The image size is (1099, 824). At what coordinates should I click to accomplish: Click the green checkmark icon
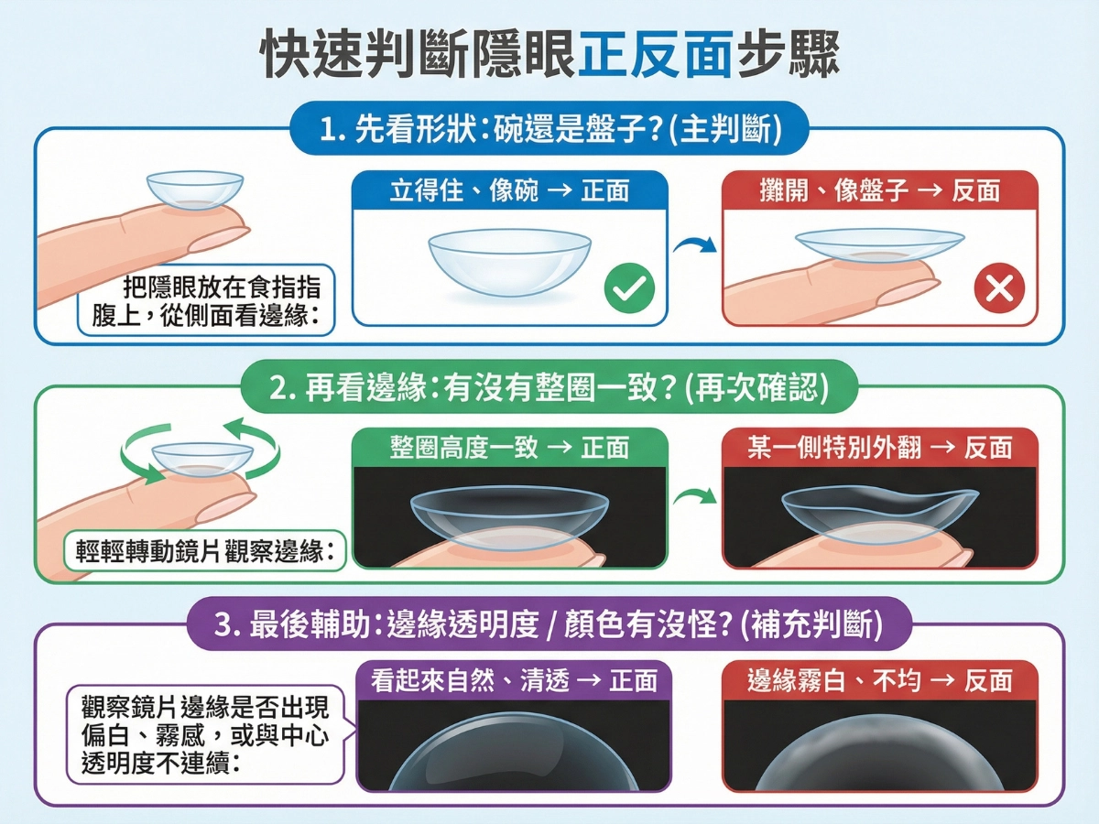pyautogui.click(x=629, y=288)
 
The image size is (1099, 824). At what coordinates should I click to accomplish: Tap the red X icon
pyautogui.click(x=998, y=288)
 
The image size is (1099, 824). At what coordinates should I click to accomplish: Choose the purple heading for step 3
pyautogui.click(x=549, y=624)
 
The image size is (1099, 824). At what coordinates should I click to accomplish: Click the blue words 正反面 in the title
pyautogui.click(x=656, y=57)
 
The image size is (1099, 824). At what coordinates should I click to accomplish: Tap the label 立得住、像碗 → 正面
pyautogui.click(x=510, y=191)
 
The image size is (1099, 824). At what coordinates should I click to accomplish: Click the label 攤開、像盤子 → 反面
pyautogui.click(x=880, y=191)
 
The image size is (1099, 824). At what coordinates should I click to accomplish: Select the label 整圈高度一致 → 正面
pyautogui.click(x=510, y=448)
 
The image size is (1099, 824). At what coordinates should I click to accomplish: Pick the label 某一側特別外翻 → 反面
pyautogui.click(x=880, y=448)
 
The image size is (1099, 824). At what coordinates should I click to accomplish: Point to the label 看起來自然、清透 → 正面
pyautogui.click(x=514, y=680)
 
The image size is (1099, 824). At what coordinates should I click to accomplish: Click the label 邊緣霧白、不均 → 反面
pyautogui.click(x=880, y=680)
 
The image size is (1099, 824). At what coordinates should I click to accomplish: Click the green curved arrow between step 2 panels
pyautogui.click(x=693, y=500)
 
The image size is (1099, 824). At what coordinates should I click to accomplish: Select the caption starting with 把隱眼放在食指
pyautogui.click(x=207, y=300)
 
